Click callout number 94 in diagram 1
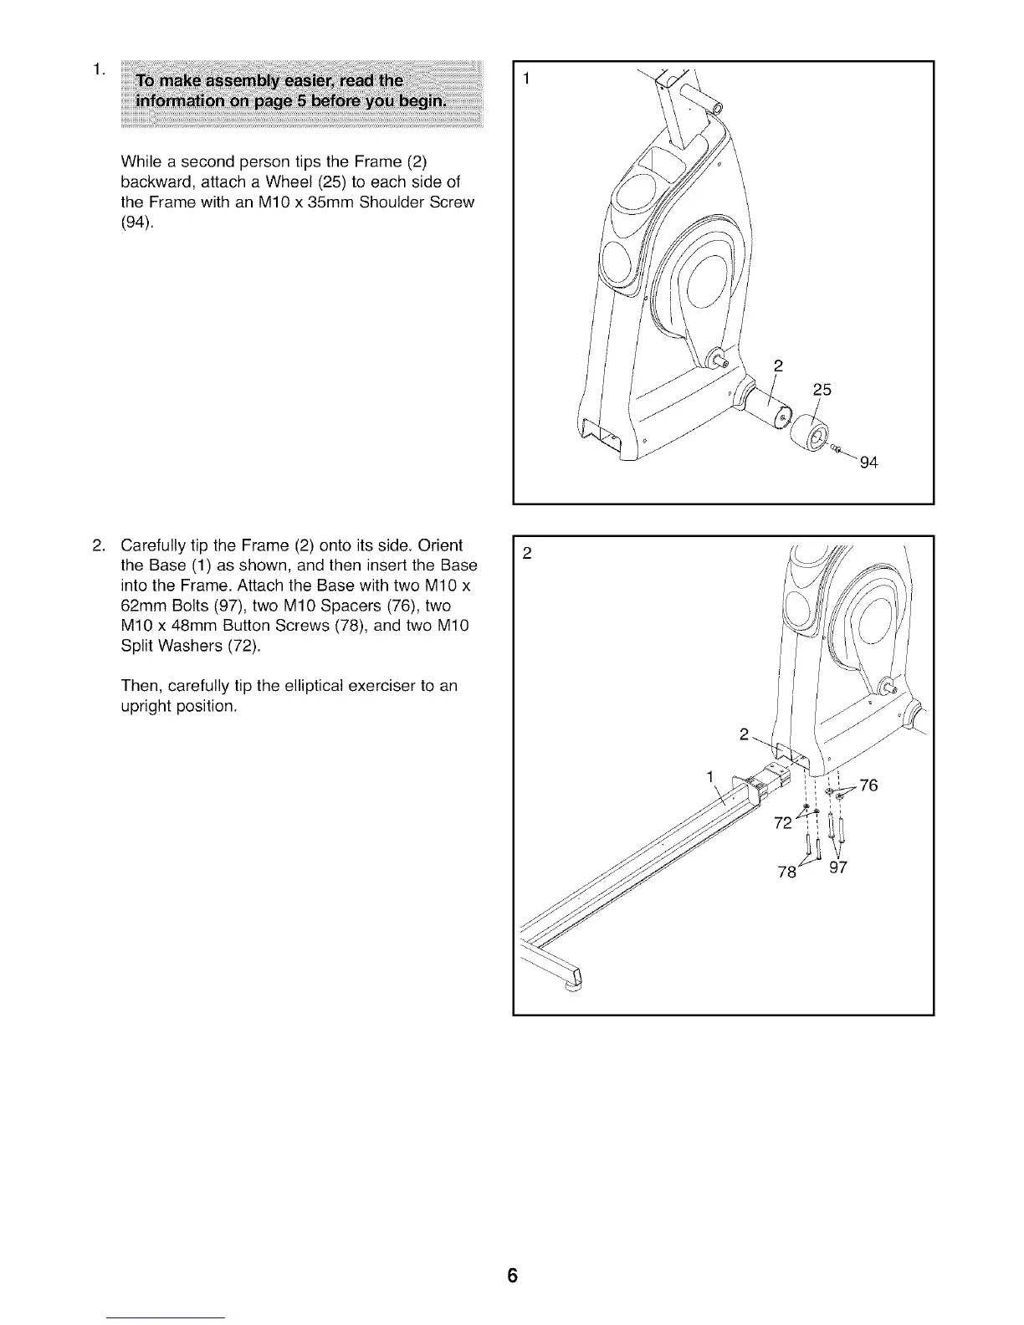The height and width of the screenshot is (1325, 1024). click(868, 463)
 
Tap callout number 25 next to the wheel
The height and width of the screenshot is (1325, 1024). click(823, 390)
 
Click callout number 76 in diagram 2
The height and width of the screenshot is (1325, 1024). click(868, 785)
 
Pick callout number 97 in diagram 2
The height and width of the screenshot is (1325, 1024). click(838, 867)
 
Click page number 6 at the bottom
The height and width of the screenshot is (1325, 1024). click(512, 1276)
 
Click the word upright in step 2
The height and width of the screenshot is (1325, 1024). click(144, 706)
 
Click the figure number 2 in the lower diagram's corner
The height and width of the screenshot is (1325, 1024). click(527, 553)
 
